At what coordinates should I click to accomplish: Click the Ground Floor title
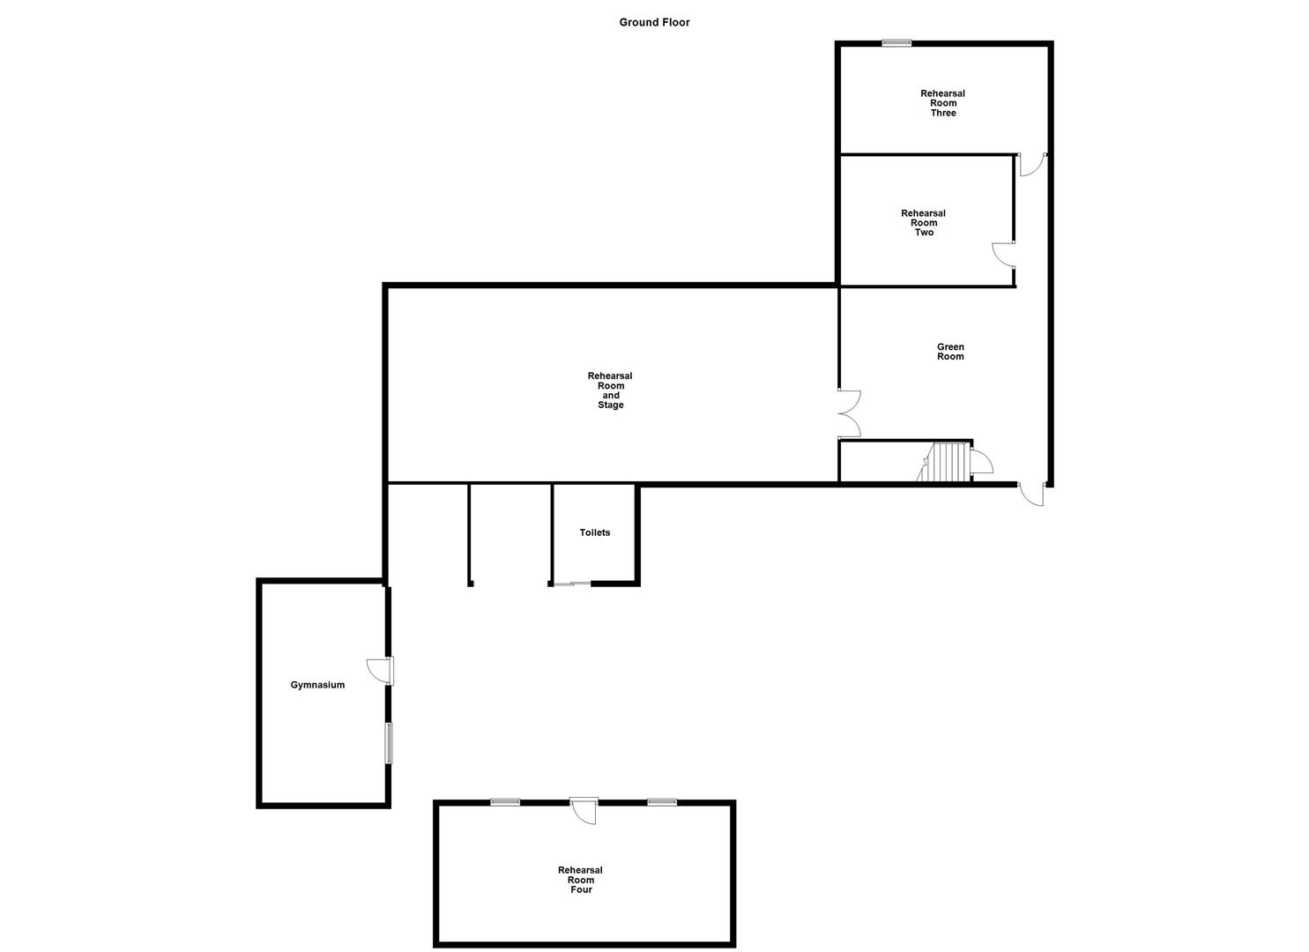click(x=654, y=22)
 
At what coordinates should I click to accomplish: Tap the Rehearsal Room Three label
click(x=942, y=103)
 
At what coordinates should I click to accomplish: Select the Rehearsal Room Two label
click(x=923, y=223)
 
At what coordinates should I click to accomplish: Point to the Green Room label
click(x=950, y=352)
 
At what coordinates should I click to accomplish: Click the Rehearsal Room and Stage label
click(x=610, y=390)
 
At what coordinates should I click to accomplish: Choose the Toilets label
click(x=594, y=532)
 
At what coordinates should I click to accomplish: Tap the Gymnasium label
click(x=317, y=685)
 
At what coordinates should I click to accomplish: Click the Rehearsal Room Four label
click(x=580, y=880)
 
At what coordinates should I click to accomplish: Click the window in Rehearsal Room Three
click(x=897, y=42)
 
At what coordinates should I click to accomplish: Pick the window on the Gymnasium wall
click(x=388, y=743)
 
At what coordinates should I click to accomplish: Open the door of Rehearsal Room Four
click(x=584, y=809)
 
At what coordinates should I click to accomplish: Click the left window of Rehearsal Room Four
click(x=505, y=802)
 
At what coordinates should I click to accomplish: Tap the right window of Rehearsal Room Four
click(x=661, y=802)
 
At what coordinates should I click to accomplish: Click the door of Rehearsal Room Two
click(x=1003, y=254)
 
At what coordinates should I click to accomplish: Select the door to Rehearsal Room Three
click(x=1031, y=165)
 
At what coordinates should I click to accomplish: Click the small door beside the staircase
click(x=980, y=463)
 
